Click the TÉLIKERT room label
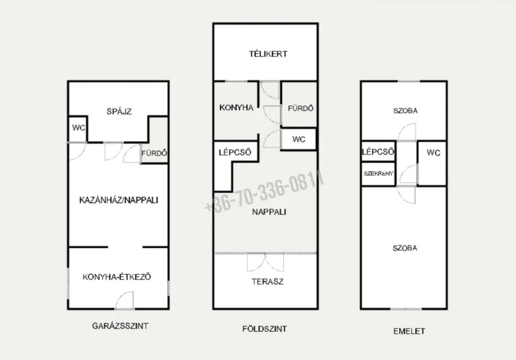point(268,53)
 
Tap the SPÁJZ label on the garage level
point(119,111)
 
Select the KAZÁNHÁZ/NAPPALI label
point(118,200)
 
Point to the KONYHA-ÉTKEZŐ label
point(116,277)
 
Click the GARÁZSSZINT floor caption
point(120,326)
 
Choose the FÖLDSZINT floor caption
point(264,329)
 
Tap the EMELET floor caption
point(409,331)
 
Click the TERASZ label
point(267,282)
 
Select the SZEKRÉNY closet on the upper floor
point(378,173)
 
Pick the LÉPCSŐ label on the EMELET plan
point(378,152)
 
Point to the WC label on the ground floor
point(298,139)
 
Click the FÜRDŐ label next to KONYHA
point(300,108)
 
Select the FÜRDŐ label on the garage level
point(154,153)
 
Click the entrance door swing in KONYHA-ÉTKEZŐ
point(124,300)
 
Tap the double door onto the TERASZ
point(265,262)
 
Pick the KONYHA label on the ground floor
point(236,107)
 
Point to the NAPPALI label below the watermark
point(269,212)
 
